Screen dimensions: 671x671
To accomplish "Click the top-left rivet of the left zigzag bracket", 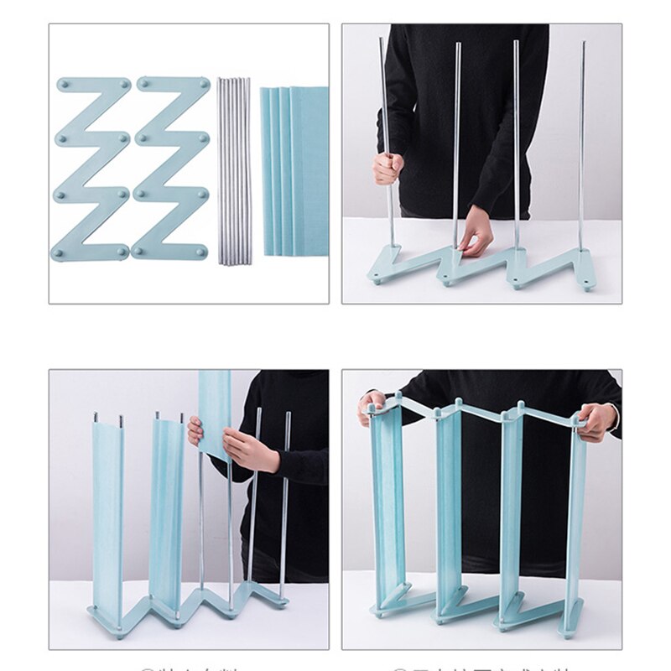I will coord(63,84).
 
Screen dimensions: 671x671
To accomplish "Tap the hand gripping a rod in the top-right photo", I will coord(388,168).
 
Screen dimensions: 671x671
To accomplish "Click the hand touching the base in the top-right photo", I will coord(476,230).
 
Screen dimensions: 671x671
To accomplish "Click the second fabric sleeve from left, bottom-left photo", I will coord(166,512).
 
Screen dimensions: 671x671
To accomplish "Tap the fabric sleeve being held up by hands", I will coord(215,411).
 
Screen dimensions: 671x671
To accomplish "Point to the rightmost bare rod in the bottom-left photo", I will coord(285,503).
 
